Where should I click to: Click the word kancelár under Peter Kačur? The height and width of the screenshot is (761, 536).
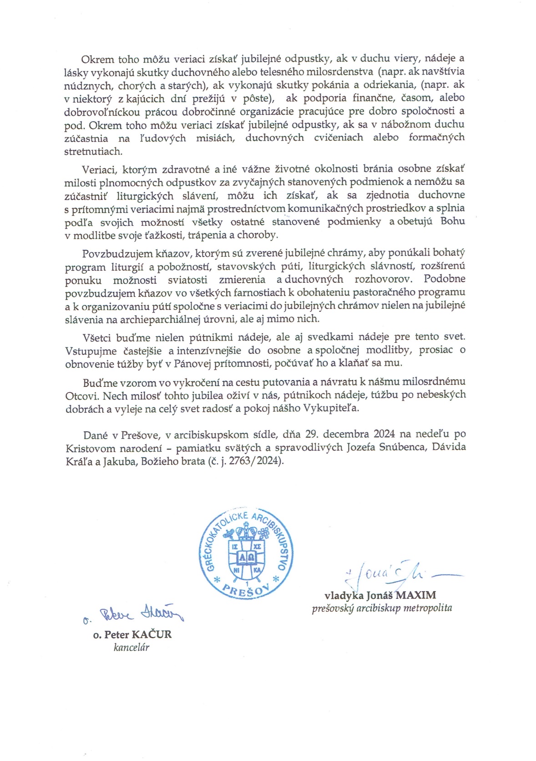pos(131,647)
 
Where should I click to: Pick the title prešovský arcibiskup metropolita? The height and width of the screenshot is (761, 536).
pos(382,608)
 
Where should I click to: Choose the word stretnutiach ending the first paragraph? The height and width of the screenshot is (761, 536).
pos(93,151)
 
